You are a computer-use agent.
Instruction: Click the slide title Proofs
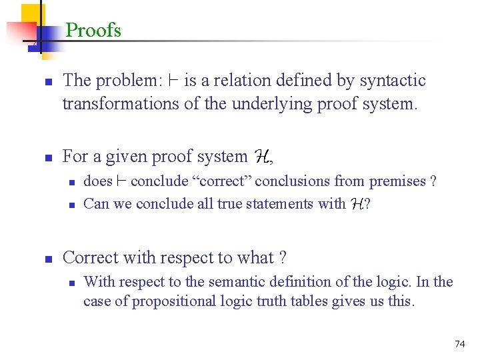93,30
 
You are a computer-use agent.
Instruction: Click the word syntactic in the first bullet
392,81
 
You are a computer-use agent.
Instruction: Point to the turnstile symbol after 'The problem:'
173,81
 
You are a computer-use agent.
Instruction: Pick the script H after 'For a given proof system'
261,157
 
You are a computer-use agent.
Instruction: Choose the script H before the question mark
357,204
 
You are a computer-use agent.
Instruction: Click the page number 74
459,344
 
